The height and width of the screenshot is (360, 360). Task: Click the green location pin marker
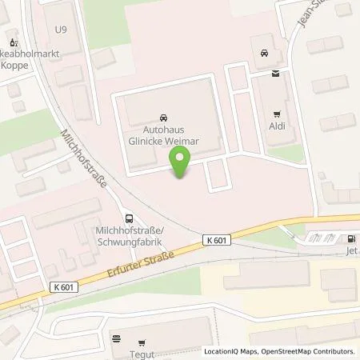coord(181,164)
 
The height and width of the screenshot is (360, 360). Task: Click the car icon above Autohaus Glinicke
coord(165,116)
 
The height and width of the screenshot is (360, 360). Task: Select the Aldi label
coord(277,126)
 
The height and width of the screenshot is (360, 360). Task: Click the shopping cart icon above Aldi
coord(277,114)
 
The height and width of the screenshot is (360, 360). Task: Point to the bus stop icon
coord(129,218)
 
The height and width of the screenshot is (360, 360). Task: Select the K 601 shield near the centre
coord(215,239)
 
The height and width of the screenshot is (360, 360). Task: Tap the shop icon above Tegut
coord(118,338)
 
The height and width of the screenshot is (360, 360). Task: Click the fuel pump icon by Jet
coord(350,238)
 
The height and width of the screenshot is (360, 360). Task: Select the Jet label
coord(351,250)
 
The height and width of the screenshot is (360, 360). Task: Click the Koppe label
coord(21,66)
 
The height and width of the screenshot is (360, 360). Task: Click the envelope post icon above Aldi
coord(277,74)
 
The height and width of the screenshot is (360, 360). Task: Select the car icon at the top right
coord(263,54)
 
